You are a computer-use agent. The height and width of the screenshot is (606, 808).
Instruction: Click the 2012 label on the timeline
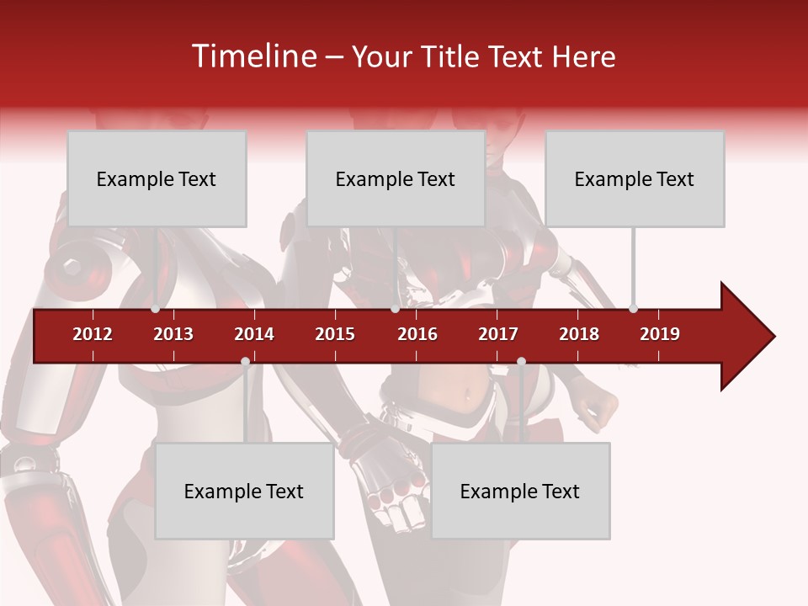(93, 334)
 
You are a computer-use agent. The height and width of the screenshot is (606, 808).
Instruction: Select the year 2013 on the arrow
(173, 334)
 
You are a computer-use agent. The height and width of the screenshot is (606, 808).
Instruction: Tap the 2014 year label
(254, 334)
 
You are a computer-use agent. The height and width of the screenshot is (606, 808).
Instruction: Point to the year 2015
(335, 334)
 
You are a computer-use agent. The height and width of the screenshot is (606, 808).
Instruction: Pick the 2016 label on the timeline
(417, 334)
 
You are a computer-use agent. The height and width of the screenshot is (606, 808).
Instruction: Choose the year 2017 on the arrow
(498, 334)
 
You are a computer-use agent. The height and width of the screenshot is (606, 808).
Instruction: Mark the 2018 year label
(579, 334)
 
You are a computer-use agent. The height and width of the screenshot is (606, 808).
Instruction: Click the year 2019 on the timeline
(660, 334)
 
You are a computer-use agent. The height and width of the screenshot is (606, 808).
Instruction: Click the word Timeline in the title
(252, 56)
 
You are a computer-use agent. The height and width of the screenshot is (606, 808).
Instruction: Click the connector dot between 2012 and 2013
(156, 309)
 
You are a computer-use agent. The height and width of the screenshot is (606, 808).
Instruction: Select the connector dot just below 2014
(245, 361)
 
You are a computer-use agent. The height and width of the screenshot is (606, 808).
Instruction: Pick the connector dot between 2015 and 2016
(395, 309)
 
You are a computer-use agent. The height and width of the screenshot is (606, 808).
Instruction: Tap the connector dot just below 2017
(521, 361)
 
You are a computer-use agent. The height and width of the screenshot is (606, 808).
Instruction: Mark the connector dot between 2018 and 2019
(634, 309)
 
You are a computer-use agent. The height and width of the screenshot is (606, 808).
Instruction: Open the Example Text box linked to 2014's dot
(244, 492)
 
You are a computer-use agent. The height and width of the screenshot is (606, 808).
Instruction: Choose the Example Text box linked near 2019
(635, 178)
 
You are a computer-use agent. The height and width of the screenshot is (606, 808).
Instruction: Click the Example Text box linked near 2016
(396, 178)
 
